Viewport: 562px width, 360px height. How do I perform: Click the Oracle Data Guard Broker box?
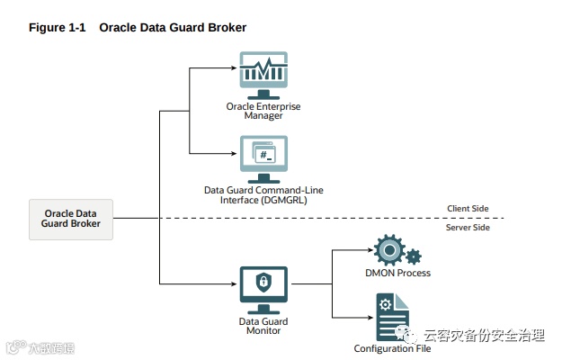(71, 219)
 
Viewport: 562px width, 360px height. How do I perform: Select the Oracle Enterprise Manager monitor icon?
(263, 74)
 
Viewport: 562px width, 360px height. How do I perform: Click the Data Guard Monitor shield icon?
(263, 283)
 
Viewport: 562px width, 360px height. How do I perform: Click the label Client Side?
(468, 209)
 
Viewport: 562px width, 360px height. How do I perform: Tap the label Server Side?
(468, 227)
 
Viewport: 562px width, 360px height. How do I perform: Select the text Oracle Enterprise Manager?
(263, 111)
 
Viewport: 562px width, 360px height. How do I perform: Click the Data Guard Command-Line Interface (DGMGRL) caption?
(263, 194)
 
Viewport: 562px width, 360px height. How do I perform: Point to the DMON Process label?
(397, 273)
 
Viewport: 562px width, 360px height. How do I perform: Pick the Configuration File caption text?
(386, 348)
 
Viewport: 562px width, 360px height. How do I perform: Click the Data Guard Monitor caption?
(263, 325)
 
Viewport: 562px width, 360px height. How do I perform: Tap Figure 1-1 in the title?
(58, 28)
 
